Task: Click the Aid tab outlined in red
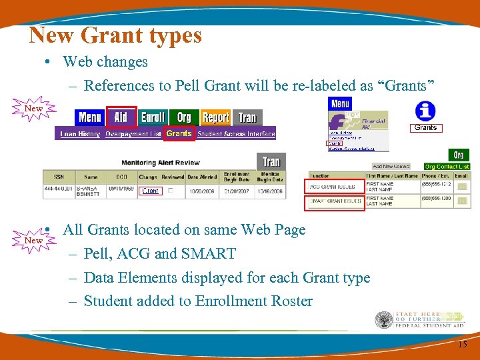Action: (x=121, y=117)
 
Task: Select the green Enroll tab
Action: (x=153, y=117)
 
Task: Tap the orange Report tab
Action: (x=215, y=117)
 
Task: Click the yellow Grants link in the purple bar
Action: (x=179, y=133)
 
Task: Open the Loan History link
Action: (x=80, y=134)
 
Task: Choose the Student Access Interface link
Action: (x=237, y=134)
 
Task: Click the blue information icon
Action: (x=425, y=111)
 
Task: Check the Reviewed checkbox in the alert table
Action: (x=169, y=191)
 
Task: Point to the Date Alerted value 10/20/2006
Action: (x=201, y=191)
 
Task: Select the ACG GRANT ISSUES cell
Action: (x=335, y=187)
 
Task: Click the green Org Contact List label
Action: (x=447, y=166)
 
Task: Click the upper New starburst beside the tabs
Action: (x=33, y=109)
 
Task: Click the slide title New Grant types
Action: (x=115, y=35)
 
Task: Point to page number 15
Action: (x=463, y=344)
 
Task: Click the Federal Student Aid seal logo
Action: (x=384, y=321)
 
